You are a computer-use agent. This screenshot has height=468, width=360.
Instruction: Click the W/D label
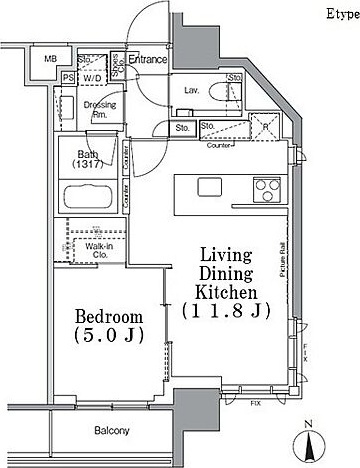[x=91, y=77]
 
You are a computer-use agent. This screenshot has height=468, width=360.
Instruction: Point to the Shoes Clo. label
[x=116, y=67]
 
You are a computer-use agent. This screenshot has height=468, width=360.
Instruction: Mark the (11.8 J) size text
[x=227, y=310]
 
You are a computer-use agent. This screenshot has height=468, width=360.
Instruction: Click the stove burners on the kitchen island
[x=266, y=187]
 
